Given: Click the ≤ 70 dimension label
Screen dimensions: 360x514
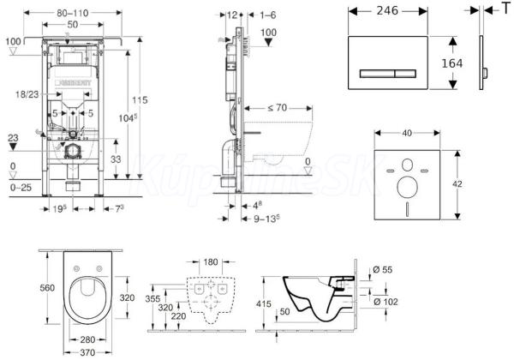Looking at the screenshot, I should [277, 110].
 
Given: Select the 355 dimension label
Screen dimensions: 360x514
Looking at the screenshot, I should [155, 299].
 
